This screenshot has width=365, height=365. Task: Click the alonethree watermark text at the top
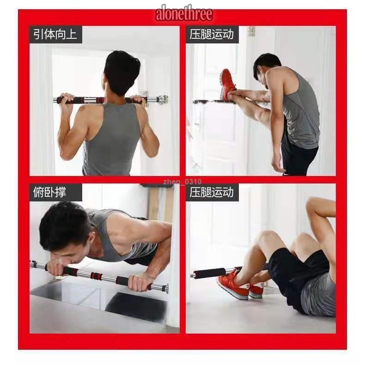click(184, 13)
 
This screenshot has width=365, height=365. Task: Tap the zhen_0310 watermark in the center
click(182, 182)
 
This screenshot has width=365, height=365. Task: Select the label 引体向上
click(55, 35)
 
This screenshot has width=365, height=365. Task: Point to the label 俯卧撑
click(49, 192)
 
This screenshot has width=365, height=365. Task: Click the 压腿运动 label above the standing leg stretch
click(211, 35)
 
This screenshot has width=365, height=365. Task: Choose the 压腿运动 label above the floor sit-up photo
click(211, 192)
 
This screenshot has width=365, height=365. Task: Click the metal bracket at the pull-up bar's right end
click(164, 100)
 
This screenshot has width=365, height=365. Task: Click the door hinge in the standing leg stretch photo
click(251, 31)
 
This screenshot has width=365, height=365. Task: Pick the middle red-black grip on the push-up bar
click(97, 276)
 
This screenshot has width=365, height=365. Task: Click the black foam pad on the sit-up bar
click(210, 273)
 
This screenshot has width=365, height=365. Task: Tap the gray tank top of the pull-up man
click(112, 140)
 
